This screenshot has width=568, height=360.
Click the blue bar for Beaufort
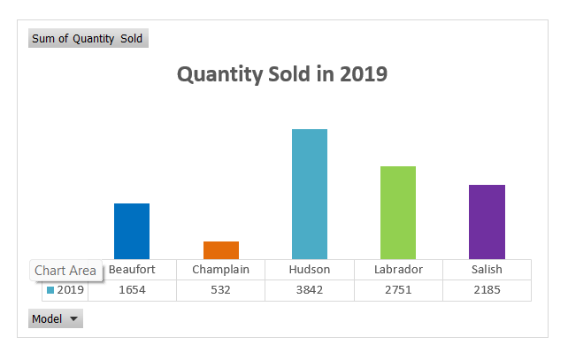pyautogui.click(x=132, y=231)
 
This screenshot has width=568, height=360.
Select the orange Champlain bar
pyautogui.click(x=220, y=250)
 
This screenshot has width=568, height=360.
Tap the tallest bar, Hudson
pyautogui.click(x=309, y=194)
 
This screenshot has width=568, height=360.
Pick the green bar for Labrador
pyautogui.click(x=397, y=212)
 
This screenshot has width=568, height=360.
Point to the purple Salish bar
pyautogui.click(x=486, y=221)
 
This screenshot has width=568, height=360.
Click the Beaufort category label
pyautogui.click(x=132, y=270)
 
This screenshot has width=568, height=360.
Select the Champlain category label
pyautogui.click(x=220, y=270)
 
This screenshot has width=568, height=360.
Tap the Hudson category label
pyautogui.click(x=309, y=270)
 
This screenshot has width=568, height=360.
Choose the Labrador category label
pyautogui.click(x=398, y=270)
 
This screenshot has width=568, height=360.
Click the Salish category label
pyautogui.click(x=487, y=270)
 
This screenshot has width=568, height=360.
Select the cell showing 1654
pyautogui.click(x=132, y=290)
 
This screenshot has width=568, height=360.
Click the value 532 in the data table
pyautogui.click(x=220, y=290)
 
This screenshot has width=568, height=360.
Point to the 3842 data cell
pyautogui.click(x=309, y=290)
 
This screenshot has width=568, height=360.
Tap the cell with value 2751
pyautogui.click(x=398, y=290)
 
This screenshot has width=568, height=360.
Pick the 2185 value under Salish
pyautogui.click(x=487, y=290)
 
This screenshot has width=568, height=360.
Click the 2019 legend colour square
pyautogui.click(x=50, y=290)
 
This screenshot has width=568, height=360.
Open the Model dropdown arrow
pyautogui.click(x=73, y=319)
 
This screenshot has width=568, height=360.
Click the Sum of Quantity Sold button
pyautogui.click(x=88, y=39)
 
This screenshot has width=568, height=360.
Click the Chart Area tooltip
pyautogui.click(x=65, y=271)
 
